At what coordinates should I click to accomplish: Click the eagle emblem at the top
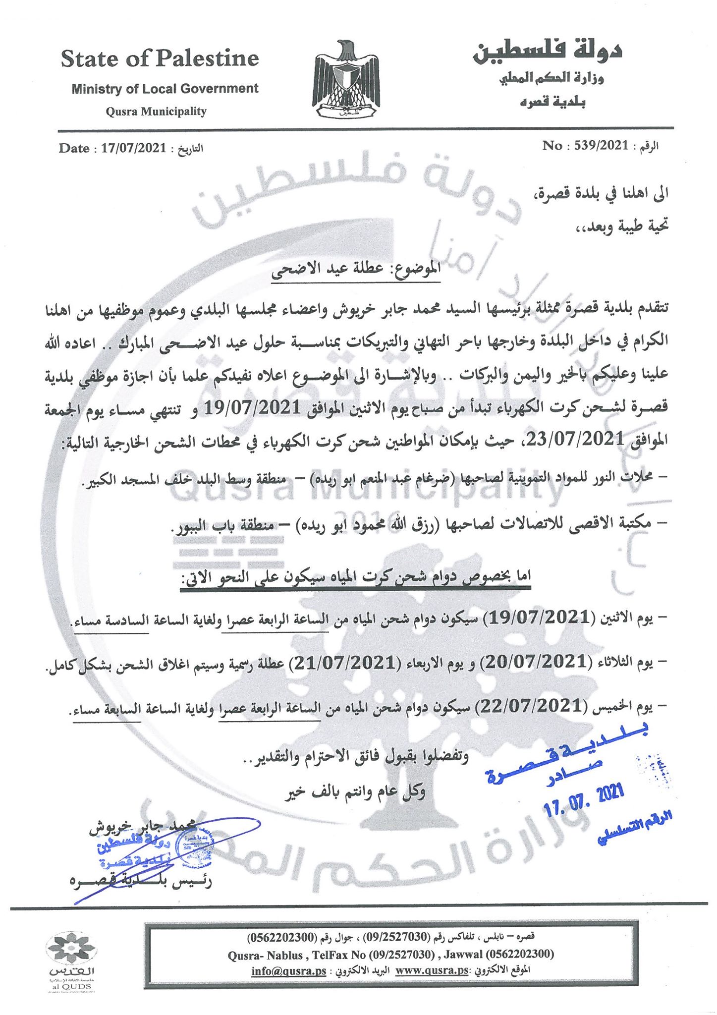click(346, 80)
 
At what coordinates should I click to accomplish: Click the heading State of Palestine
click(160, 59)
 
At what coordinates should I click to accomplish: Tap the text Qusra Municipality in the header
click(156, 111)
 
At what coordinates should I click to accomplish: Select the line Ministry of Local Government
click(165, 89)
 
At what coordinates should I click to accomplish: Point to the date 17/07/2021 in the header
click(134, 148)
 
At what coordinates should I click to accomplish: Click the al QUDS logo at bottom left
click(71, 961)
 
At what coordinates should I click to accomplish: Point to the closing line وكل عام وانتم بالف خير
click(355, 792)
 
